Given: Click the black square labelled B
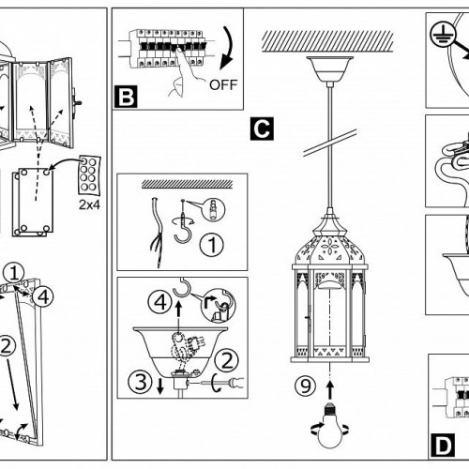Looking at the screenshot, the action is click(126, 97).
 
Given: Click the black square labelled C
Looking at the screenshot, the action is click(262, 129).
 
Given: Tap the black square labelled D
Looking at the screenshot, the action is click(443, 446).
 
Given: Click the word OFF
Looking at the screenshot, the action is click(223, 84).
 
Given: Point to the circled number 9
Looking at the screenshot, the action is click(306, 386).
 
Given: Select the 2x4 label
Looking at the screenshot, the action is click(89, 204).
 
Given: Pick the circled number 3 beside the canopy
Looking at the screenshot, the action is click(141, 382).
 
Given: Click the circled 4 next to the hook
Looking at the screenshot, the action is click(160, 302).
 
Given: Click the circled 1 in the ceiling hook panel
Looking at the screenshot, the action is click(212, 245).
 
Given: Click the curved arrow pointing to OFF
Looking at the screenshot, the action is click(228, 48).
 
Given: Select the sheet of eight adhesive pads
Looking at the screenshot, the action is click(89, 175).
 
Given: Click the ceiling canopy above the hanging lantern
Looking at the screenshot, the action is click(329, 69).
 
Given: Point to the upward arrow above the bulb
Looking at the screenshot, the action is click(330, 388).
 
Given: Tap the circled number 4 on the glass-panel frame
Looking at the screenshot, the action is click(43, 296).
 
